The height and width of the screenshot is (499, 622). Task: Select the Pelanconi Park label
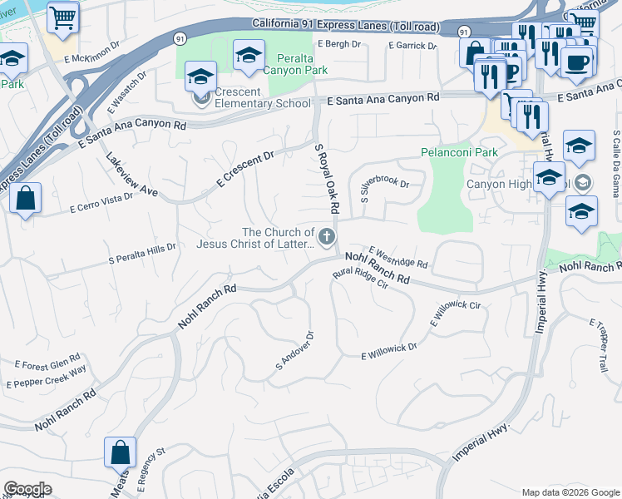459,152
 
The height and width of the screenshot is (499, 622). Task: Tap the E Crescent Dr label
245,169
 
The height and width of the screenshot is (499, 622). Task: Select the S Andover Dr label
294,353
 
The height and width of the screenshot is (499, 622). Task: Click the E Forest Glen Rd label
47,364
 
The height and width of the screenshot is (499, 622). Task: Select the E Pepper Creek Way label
47,378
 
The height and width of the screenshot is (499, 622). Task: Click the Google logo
27,489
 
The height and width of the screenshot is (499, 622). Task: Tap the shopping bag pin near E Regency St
121,453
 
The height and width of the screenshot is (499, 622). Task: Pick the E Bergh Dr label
338,44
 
